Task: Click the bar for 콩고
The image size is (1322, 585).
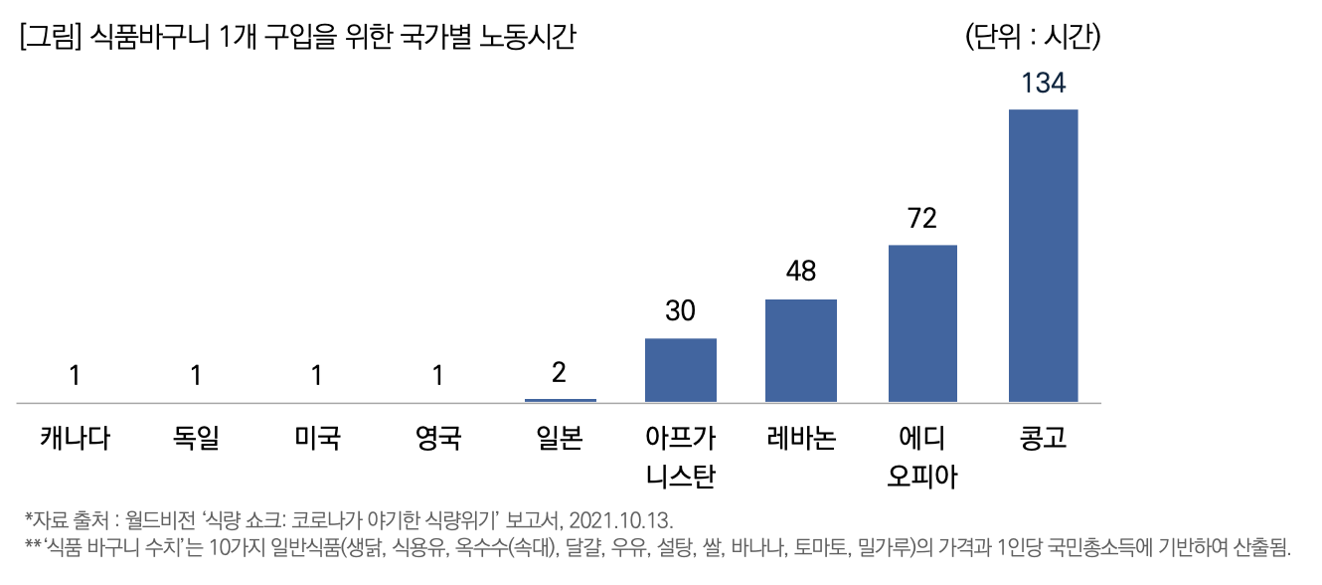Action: [x=1043, y=256]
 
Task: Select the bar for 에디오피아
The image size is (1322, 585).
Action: [x=922, y=323]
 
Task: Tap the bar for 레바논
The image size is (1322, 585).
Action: [x=801, y=350]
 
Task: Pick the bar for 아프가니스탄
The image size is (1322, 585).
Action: [x=681, y=370]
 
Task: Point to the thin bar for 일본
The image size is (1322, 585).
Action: [x=561, y=400]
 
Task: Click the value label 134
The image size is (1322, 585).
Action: [x=1043, y=84]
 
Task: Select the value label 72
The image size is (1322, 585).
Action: [x=922, y=219]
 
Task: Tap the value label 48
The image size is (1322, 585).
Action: [x=801, y=272]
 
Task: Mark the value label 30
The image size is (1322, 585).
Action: [x=681, y=311]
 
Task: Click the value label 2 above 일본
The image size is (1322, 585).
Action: [x=560, y=373]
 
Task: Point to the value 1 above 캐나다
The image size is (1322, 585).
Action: [x=75, y=375]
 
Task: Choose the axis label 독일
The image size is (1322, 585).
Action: [x=196, y=438]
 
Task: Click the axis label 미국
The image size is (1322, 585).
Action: [x=317, y=438]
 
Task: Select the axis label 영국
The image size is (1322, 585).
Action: [x=438, y=438]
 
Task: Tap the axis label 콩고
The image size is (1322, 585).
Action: [x=1043, y=438]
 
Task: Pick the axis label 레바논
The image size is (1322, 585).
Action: [x=801, y=438]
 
